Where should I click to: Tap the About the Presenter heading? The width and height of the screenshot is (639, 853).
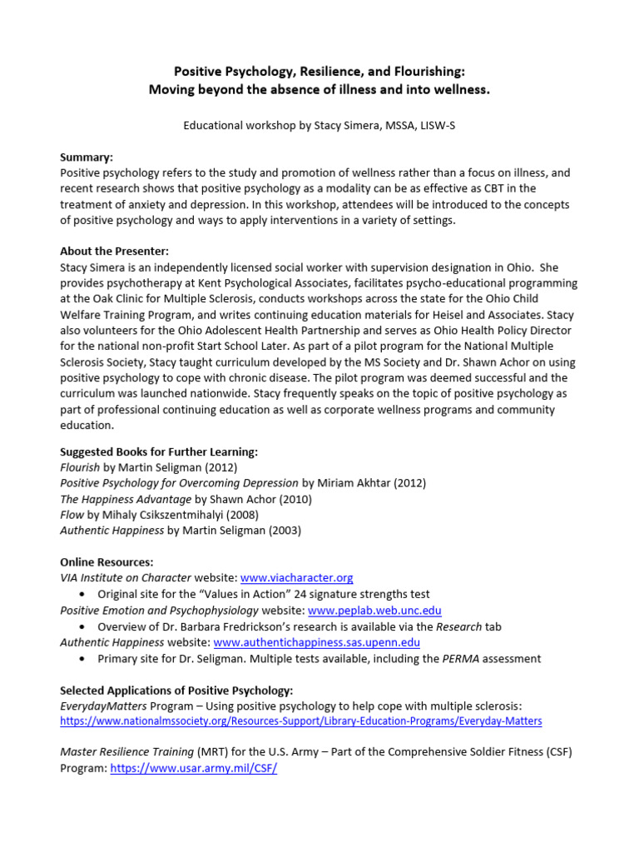[113, 251]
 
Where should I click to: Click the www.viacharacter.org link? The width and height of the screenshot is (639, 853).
[297, 577]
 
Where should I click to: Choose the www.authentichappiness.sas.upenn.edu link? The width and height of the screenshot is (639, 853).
[316, 642]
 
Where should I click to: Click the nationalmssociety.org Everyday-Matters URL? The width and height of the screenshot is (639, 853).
[301, 721]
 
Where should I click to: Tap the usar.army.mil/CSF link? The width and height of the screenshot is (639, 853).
[193, 769]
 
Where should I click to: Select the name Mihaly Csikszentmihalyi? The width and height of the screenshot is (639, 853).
[163, 515]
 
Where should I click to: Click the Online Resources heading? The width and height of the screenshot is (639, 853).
[106, 562]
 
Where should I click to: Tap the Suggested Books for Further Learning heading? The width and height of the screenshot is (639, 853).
[159, 451]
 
